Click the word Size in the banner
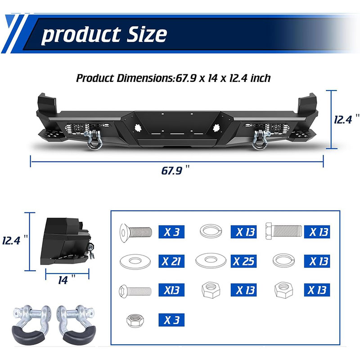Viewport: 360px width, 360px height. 147,34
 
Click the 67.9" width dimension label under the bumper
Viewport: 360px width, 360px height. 175,170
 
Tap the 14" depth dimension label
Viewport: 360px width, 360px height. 66,279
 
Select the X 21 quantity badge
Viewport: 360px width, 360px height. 171,261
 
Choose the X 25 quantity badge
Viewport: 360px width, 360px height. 243,261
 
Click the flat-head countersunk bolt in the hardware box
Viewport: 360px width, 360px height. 136,232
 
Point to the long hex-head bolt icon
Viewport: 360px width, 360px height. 283,231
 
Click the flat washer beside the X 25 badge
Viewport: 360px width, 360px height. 211,260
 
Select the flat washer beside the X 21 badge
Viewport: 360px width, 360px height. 135,261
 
